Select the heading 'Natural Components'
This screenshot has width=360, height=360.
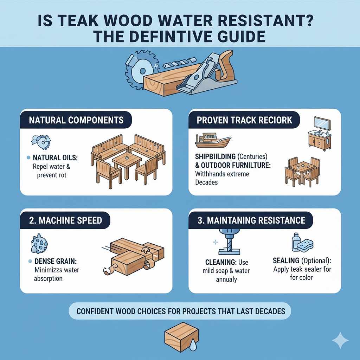coord(76,120)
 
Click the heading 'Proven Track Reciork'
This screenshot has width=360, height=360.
coord(244,120)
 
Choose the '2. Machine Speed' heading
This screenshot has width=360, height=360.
coord(65,220)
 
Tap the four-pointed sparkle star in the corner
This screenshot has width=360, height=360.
coord(340,340)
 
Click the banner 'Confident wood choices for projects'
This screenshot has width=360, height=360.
coord(179,311)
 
